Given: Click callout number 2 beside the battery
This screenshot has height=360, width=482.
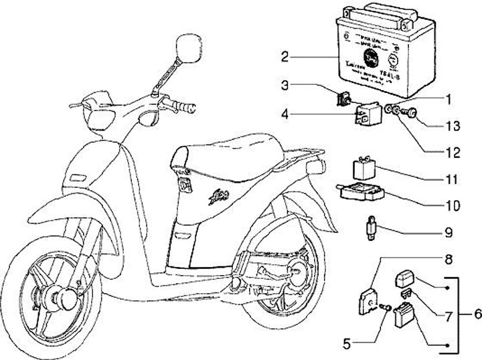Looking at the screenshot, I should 285,56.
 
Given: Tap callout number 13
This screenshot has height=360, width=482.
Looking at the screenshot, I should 453,125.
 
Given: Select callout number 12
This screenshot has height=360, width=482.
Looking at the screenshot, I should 453,153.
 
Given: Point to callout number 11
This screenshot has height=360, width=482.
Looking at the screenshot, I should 453,179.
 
